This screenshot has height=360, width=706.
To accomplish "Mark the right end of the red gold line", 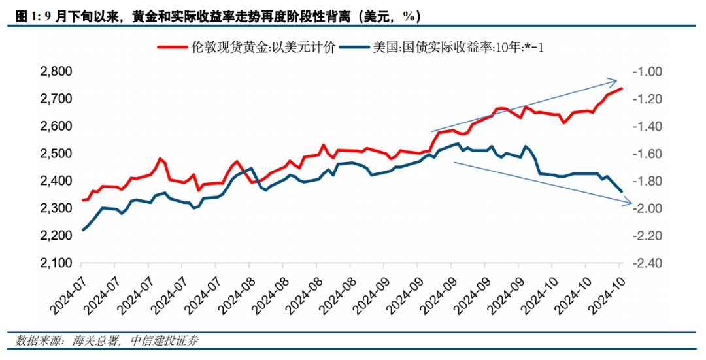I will [622, 88].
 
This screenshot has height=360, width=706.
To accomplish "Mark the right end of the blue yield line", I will [622, 191].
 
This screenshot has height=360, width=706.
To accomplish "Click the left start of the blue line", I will [83, 230].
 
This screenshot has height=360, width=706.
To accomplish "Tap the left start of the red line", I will [83, 200].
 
